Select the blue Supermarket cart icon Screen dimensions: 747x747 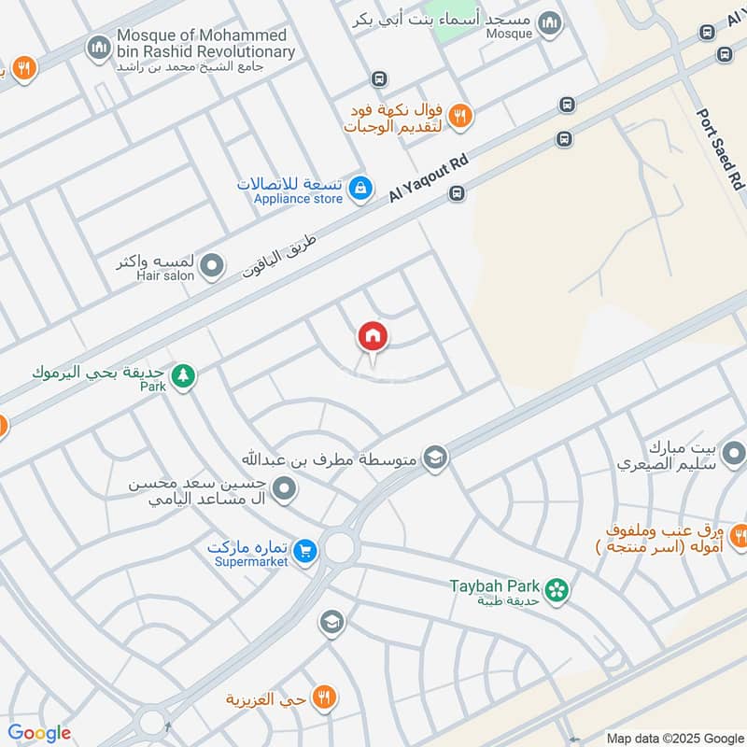304,553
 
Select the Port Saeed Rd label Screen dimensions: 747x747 721,148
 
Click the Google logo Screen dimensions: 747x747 38,733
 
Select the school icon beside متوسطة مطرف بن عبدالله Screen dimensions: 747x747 435,458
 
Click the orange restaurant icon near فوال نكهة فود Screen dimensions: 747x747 459,117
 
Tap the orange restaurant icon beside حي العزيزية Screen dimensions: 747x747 325,697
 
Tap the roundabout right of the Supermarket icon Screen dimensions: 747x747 339,547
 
